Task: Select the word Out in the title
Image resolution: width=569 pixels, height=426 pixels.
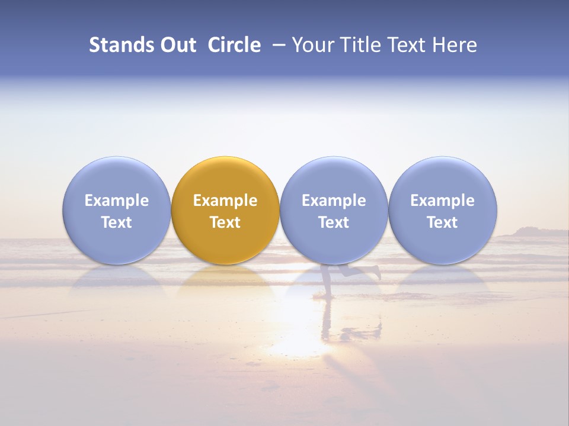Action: click(x=177, y=45)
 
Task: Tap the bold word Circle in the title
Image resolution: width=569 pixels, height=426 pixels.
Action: click(x=234, y=45)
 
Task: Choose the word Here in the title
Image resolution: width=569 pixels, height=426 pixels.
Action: click(x=455, y=45)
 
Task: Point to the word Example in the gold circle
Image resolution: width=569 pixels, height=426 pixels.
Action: click(x=225, y=201)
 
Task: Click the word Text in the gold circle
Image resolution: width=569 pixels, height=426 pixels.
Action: click(x=225, y=222)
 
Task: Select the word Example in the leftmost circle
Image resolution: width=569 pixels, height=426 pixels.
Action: click(x=117, y=201)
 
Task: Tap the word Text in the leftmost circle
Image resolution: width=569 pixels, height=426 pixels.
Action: click(x=117, y=222)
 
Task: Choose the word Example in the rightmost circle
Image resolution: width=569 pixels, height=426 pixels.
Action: click(x=443, y=201)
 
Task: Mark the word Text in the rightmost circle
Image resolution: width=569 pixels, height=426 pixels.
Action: click(x=443, y=222)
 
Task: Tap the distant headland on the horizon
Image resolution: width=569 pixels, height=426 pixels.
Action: click(x=528, y=232)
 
